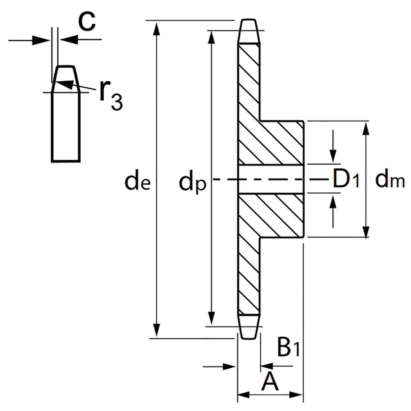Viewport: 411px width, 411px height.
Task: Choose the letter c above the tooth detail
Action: (87, 22)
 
